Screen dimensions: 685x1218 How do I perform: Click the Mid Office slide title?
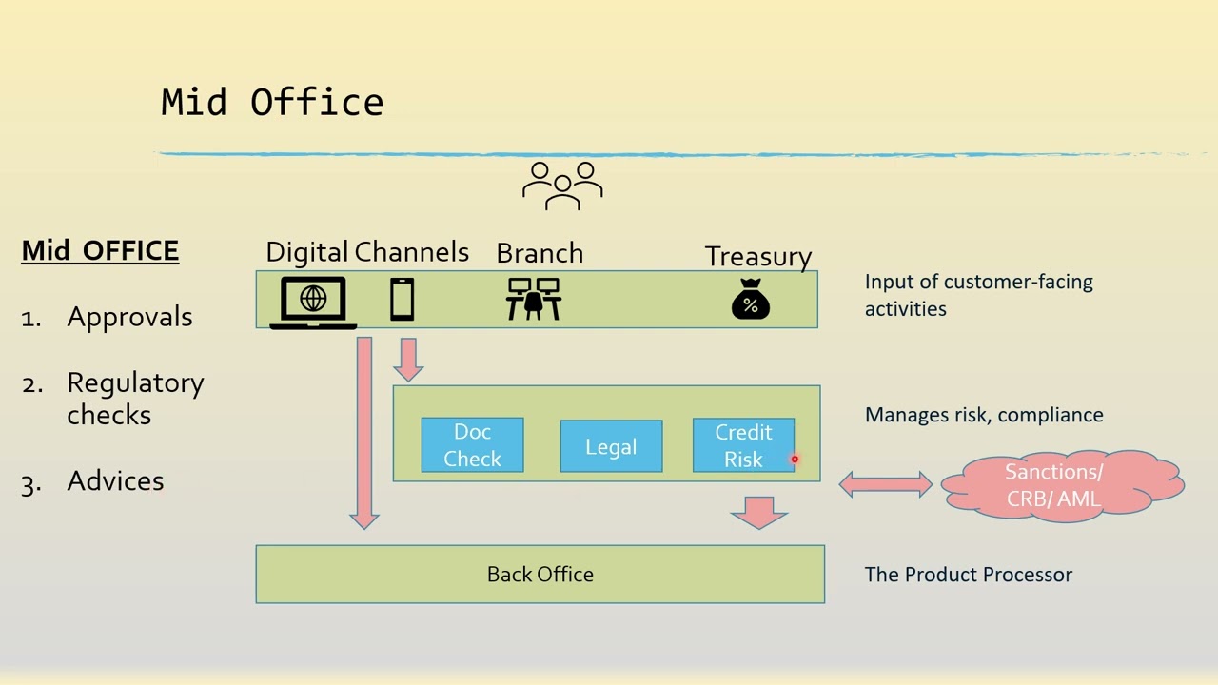pos(272,102)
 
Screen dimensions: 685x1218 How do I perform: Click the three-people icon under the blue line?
pos(562,185)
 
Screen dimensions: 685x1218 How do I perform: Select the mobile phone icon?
pos(403,300)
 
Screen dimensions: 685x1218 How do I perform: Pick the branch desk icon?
pos(534,299)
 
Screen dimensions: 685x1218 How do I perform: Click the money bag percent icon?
pos(750,300)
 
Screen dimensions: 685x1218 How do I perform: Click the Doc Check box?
pos(472,445)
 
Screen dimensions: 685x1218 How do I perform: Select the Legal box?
pos(611,447)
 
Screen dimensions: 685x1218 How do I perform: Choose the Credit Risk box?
pos(743,445)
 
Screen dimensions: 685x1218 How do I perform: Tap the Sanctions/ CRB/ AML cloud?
pos(1061,485)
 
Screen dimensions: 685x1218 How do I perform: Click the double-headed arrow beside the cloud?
pos(885,485)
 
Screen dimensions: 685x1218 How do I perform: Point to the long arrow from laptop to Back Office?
pos(364,428)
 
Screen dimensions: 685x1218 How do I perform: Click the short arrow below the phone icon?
pos(409,359)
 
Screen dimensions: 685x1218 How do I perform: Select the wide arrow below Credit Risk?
pos(758,511)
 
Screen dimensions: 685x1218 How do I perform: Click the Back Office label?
pos(540,575)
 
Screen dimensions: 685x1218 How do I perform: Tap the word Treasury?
pos(757,257)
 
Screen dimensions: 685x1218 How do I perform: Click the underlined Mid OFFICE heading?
pos(100,251)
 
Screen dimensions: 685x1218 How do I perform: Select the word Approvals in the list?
pos(129,318)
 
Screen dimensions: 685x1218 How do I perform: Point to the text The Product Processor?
pos(968,575)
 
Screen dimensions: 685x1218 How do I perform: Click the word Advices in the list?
pos(115,481)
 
